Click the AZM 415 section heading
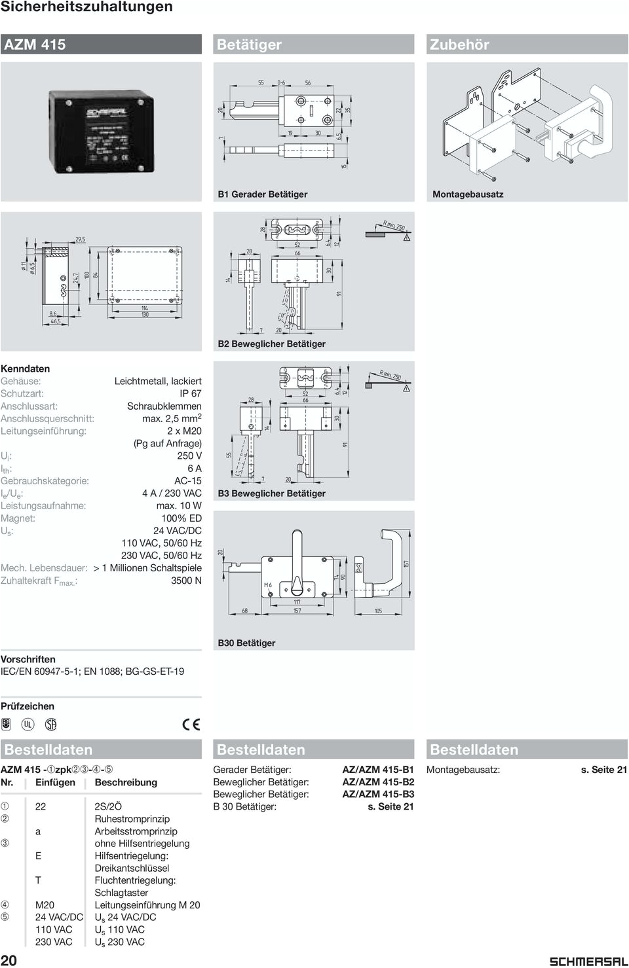[35, 45]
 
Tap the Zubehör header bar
[459, 45]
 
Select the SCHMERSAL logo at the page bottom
[587, 961]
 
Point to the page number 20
[9, 959]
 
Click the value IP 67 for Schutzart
[190, 393]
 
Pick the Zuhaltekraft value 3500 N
[186, 581]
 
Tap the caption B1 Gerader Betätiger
[262, 194]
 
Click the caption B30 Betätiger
[246, 643]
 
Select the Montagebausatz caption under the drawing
[468, 194]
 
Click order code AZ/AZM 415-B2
[378, 782]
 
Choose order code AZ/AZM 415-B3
[378, 795]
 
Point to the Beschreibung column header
[126, 782]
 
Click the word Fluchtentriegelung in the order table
[135, 880]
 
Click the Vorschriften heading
[28, 659]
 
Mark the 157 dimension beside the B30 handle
[406, 563]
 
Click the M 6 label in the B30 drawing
[267, 584]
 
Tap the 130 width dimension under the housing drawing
[144, 315]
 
